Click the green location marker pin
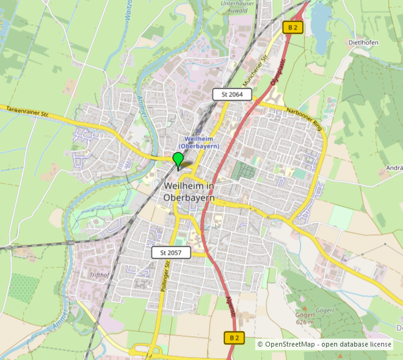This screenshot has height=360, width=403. pos(178,160)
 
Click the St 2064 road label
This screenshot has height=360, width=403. pos(231,94)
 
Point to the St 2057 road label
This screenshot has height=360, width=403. pos(171,252)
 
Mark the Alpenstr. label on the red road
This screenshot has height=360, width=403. pos(233,312)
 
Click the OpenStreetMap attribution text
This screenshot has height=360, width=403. pos(324,344)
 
